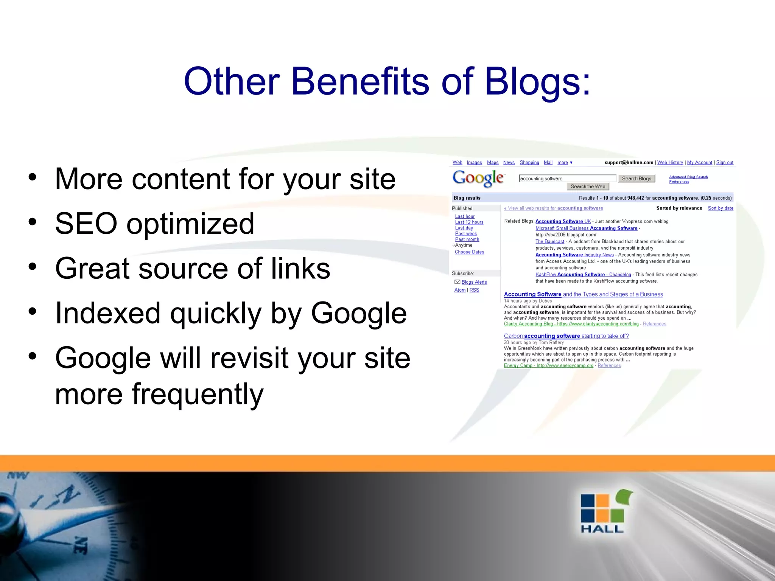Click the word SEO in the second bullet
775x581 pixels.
86,224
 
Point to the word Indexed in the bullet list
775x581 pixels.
107,313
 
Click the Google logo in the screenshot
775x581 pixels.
478,178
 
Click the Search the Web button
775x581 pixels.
588,186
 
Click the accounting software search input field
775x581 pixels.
567,179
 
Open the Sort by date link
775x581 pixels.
721,208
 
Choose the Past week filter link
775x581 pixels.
466,234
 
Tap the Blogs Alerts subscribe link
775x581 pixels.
474,282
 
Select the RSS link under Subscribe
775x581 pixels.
474,290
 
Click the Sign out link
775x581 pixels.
725,163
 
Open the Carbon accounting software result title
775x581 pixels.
566,336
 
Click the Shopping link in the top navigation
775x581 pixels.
529,163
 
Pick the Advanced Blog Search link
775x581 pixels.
688,177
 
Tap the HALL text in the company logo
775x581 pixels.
602,528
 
